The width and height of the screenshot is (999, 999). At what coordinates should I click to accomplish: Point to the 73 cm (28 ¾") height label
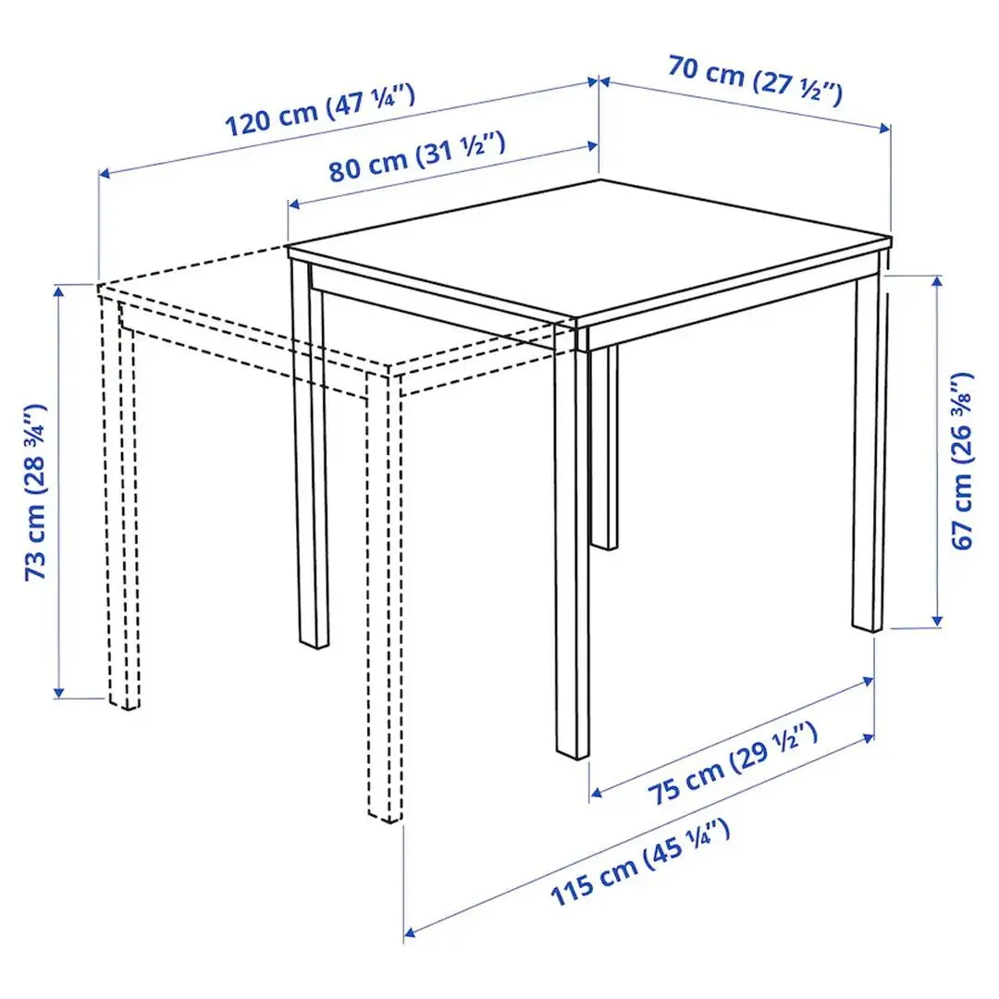37,490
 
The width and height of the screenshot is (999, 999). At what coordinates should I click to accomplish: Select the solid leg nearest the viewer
572,555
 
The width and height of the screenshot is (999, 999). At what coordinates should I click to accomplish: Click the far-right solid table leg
869,453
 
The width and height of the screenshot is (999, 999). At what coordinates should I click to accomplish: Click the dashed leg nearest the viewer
386,601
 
